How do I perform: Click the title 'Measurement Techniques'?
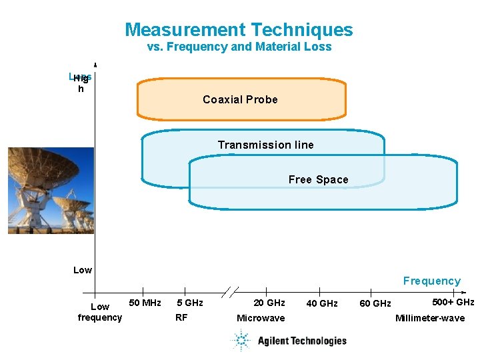click(x=239, y=30)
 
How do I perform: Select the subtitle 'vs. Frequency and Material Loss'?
click(x=239, y=47)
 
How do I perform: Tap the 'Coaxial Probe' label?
click(x=240, y=100)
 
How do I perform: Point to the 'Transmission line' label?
click(x=265, y=145)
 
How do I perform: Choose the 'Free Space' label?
click(x=318, y=180)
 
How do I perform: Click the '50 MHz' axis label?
click(x=145, y=303)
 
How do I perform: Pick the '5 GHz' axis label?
click(x=189, y=303)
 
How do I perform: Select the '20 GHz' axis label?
click(x=269, y=303)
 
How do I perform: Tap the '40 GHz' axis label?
click(x=321, y=304)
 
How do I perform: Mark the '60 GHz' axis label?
click(x=375, y=304)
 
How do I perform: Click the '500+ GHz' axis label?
click(x=453, y=303)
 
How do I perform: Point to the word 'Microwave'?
click(x=261, y=318)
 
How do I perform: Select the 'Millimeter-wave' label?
click(x=430, y=318)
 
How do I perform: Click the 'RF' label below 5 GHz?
click(x=181, y=317)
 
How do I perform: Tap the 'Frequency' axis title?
click(x=431, y=281)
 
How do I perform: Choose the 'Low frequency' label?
click(x=100, y=312)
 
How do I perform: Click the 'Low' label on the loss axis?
click(x=83, y=270)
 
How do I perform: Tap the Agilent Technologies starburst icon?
click(x=240, y=341)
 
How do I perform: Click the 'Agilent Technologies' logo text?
click(x=302, y=341)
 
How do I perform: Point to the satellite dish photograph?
click(x=51, y=190)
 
